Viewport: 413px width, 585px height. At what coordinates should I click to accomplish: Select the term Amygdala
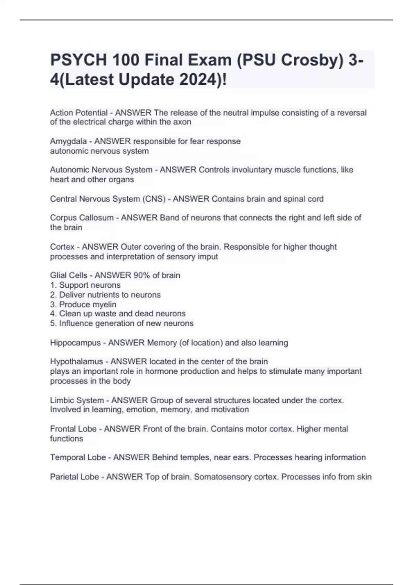click(68, 141)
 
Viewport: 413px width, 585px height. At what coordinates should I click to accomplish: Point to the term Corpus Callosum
click(82, 218)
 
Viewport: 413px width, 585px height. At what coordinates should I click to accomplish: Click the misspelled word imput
click(207, 257)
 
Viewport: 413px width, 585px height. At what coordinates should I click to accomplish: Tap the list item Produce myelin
click(87, 305)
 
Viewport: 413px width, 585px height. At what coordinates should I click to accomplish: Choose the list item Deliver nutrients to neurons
click(109, 295)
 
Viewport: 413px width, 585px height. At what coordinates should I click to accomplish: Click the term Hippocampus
click(75, 343)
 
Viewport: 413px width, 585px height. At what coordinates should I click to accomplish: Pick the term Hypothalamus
click(76, 362)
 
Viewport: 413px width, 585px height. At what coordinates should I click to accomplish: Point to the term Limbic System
click(77, 401)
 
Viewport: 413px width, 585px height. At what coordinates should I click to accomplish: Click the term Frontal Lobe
click(73, 429)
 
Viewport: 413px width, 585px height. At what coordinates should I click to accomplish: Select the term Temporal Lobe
click(78, 457)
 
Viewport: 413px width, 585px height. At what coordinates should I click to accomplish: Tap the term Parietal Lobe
click(74, 477)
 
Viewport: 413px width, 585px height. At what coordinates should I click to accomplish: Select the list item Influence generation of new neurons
click(126, 323)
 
